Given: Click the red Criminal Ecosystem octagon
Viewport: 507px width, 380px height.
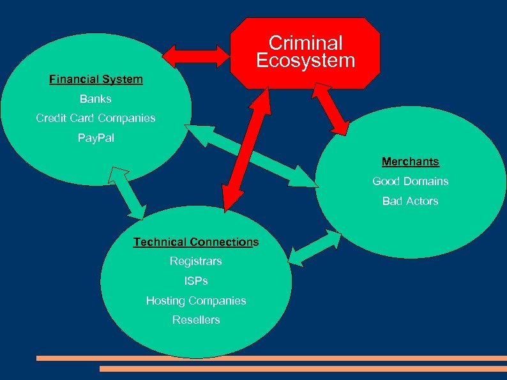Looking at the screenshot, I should pos(305,52).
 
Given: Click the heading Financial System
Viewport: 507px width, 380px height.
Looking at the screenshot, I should pos(96,80).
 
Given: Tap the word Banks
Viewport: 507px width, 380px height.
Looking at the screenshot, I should pos(96,99).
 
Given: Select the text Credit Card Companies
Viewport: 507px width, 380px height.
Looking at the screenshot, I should pos(96,118).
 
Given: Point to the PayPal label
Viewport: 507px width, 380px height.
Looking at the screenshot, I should pos(96,138).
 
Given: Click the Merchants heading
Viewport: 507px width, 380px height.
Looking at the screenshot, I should pos(411,162).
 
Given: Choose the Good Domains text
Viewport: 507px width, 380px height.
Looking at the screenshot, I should pos(411,181).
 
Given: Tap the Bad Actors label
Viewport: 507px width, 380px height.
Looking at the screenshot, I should pos(411,201).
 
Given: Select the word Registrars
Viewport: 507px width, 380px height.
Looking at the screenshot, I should pos(196,261).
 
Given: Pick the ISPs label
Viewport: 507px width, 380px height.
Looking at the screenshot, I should pos(196,281).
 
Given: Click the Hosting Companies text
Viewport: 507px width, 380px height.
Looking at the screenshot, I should pos(196,300).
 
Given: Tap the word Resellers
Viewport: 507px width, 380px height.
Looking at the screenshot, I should pos(196,320).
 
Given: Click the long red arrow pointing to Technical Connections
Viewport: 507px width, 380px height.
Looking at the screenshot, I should pos(243,150).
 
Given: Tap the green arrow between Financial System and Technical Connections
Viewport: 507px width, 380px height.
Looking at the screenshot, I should pos(128,192).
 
